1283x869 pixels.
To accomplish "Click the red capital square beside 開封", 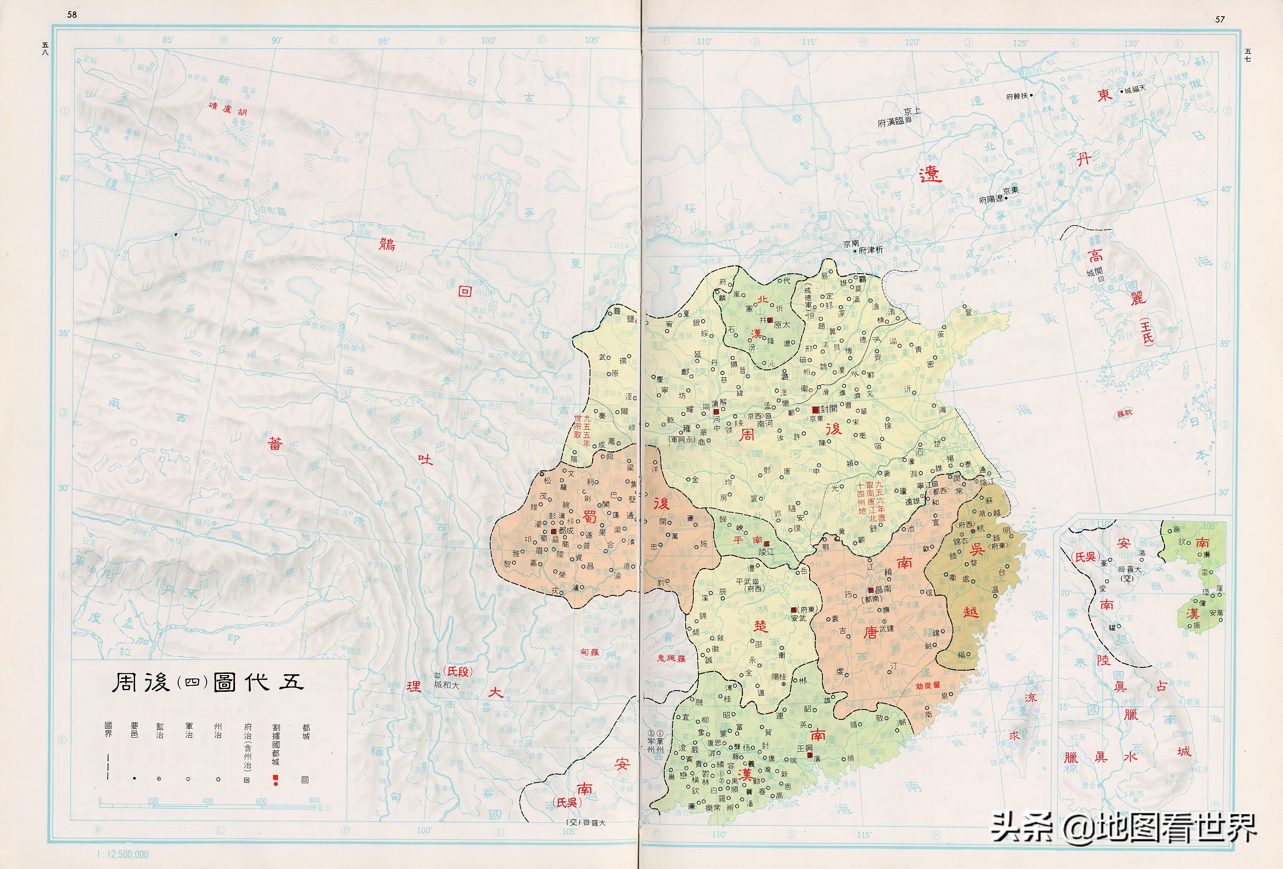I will tap(816, 410).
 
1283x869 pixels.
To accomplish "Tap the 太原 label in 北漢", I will tap(781, 325).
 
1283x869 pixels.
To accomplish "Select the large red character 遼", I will tap(930, 175).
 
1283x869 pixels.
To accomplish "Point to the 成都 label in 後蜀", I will tap(566, 531).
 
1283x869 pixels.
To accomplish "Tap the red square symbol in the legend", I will tap(275, 778).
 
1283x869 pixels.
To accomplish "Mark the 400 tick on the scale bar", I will tap(208, 800).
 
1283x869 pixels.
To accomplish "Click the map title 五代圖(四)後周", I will tap(208, 683).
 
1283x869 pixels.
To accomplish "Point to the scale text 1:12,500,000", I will tap(122, 854).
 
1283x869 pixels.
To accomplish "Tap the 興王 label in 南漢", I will tap(805, 748).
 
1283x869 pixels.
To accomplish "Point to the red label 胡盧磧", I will tap(227, 109).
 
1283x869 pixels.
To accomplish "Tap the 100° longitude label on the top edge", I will tap(488, 40).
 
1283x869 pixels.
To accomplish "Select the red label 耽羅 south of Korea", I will tap(1125, 413).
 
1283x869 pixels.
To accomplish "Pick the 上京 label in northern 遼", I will tap(912, 112).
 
